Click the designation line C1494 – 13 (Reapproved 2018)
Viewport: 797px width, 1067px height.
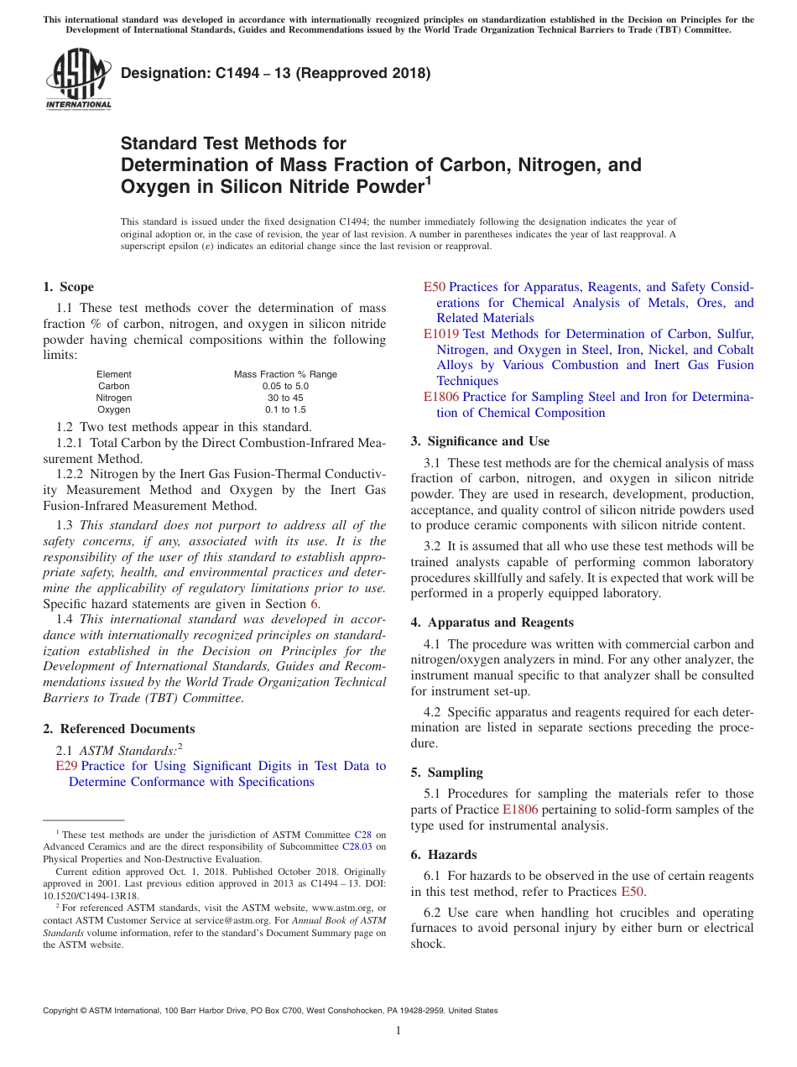point(275,73)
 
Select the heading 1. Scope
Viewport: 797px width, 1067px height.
point(69,287)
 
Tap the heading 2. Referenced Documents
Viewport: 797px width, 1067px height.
point(119,729)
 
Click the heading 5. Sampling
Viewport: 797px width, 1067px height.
point(446,772)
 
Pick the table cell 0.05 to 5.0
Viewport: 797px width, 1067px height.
point(285,386)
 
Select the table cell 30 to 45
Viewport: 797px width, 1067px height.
point(285,398)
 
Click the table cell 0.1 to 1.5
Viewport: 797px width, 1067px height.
point(285,409)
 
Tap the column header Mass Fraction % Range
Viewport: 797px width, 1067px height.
point(285,374)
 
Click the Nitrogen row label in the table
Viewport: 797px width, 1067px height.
point(113,398)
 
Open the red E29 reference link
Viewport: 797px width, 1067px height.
point(66,766)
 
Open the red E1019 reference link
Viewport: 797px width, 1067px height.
point(440,334)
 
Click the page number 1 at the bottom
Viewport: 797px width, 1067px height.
point(398,1030)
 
